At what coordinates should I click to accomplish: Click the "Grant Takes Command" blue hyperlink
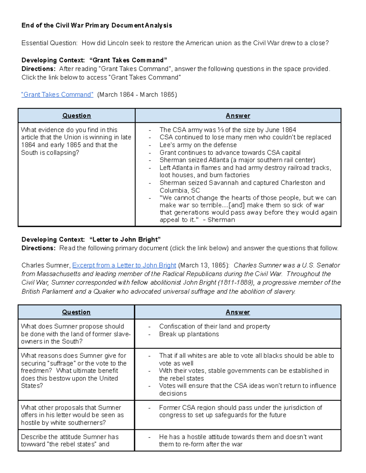tap(57, 95)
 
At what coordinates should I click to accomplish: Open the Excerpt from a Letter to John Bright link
tap(124, 265)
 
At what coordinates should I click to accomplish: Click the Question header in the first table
tap(77, 116)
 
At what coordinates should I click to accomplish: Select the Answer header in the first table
tap(238, 116)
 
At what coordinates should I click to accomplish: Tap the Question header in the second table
tap(76, 312)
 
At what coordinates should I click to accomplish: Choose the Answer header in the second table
tap(238, 312)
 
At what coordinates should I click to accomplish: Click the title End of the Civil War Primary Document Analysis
tap(97, 26)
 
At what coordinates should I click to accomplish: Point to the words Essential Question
tap(49, 43)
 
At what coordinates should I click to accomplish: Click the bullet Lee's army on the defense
tap(198, 145)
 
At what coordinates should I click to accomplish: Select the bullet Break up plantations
tap(189, 334)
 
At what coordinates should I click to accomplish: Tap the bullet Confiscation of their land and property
tap(214, 327)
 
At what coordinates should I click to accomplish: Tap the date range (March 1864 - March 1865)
tap(137, 95)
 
